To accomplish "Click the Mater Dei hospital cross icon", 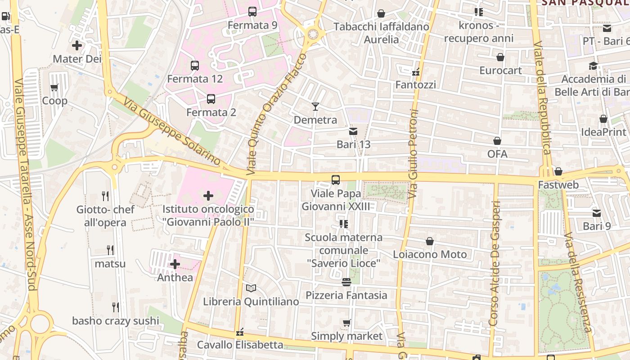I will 77,45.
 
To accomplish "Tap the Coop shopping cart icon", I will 54,87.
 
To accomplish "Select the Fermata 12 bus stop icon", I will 195,66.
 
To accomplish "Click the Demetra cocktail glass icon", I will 315,107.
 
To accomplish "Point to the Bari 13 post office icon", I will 353,131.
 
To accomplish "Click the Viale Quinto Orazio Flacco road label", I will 276,115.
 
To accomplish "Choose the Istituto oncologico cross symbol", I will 208,196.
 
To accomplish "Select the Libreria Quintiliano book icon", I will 251,288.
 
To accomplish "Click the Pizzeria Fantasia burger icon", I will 346,282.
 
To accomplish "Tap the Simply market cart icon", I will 346,323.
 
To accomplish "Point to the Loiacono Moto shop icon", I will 430,241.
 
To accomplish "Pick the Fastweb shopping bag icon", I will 558,171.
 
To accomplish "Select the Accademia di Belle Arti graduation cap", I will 593,66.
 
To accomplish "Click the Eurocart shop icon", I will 500,57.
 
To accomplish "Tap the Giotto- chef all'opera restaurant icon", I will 105,196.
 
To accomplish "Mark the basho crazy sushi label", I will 116,321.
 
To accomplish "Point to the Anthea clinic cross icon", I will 175,264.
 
